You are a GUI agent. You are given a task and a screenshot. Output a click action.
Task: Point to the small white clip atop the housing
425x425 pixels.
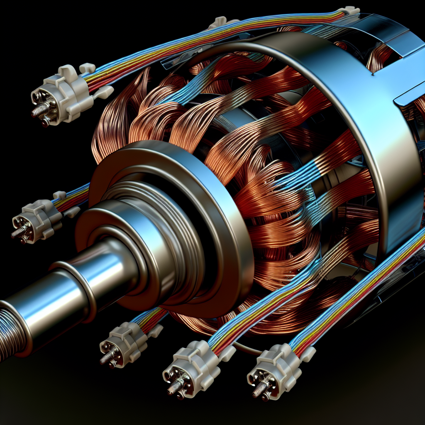[x=222, y=23]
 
